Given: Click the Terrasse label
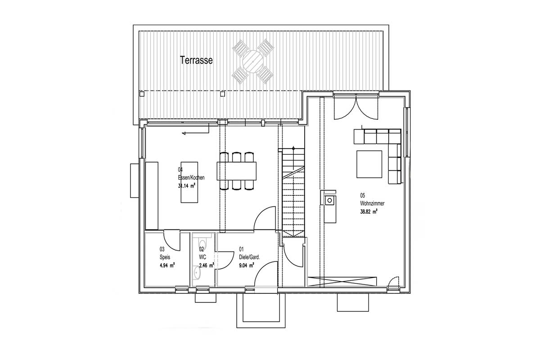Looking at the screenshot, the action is coord(196,60).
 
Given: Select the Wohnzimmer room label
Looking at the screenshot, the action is coord(372,203).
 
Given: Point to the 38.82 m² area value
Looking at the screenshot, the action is coord(369,211).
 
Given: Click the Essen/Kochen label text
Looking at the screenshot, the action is coord(191,178).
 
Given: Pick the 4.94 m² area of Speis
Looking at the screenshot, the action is coord(167,265).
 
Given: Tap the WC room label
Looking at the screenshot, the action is coord(202,257).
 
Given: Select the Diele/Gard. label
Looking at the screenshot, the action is coord(249,257).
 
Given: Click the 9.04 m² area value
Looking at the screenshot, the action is coord(247,265).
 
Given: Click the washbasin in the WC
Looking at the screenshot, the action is coord(197,273).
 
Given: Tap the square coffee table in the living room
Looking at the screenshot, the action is coord(369,164).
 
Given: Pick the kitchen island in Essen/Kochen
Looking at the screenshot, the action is coord(189,182).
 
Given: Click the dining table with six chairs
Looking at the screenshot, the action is coord(237,171).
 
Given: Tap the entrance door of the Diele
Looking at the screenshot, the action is coord(265,274).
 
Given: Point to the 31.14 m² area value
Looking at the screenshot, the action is coord(186,186).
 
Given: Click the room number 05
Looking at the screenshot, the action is coord(362,195).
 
